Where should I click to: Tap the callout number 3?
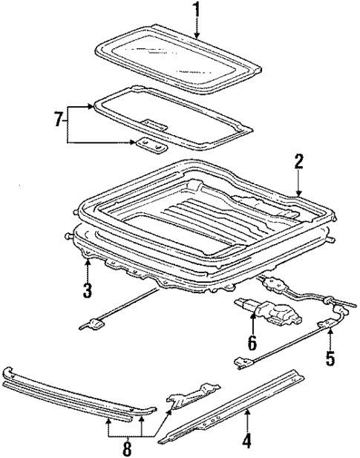point(88,290)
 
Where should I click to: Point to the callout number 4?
point(248,441)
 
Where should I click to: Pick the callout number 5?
point(330,359)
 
